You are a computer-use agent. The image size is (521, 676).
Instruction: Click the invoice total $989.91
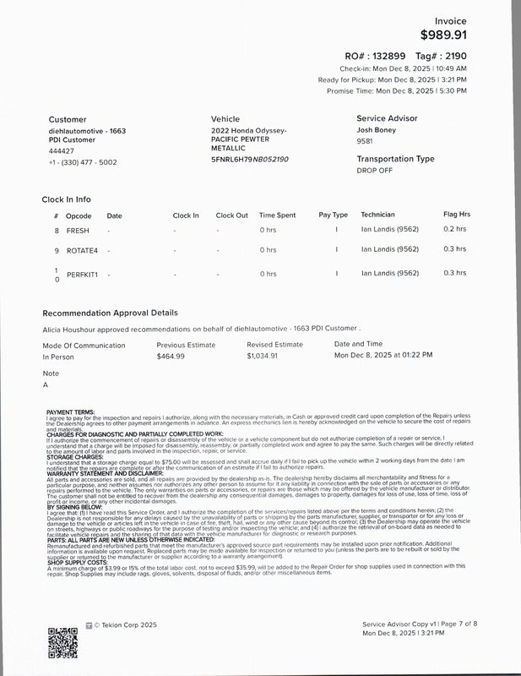tap(443, 35)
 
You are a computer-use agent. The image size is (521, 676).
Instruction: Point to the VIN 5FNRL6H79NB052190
tap(249, 159)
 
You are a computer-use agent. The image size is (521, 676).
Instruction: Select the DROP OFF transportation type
tap(375, 170)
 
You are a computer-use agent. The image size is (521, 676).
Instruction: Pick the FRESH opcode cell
tap(78, 229)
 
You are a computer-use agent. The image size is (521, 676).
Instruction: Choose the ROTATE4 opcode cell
tap(82, 250)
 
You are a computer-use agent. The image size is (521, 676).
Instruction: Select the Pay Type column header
tap(333, 215)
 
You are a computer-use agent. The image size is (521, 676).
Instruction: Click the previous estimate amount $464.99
tap(171, 357)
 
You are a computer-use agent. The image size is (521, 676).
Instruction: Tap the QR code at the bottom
tap(62, 642)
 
